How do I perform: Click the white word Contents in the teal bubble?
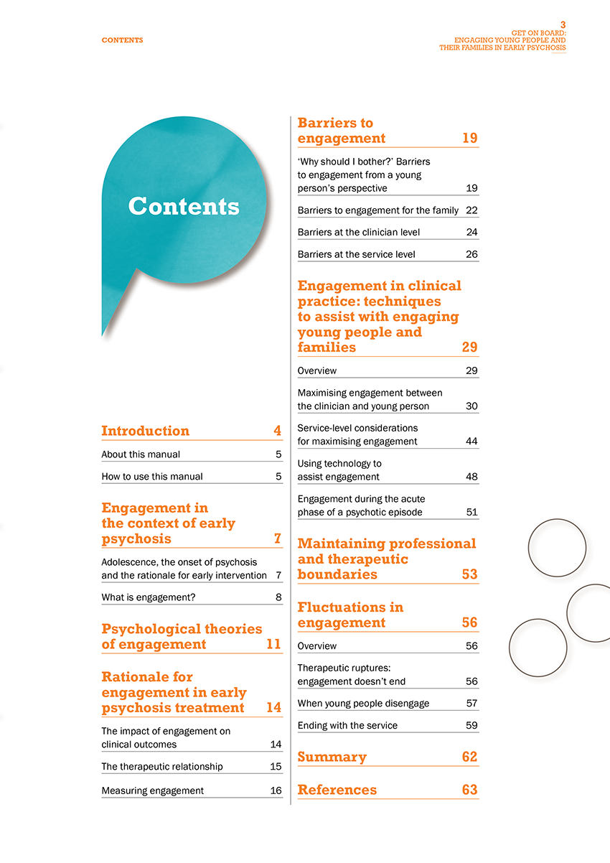coord(184,207)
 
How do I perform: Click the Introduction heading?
coord(145,431)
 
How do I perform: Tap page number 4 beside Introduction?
coord(277,431)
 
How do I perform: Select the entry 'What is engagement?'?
coord(149,597)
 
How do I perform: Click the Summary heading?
coord(332,757)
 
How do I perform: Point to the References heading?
coord(337,790)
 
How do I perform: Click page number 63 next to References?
coord(469,790)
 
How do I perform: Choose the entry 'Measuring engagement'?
coord(152,790)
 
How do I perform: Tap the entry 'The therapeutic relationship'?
coord(162,766)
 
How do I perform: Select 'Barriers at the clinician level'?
coord(358,232)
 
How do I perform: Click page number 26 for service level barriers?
coord(471,254)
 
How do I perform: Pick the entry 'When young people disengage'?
coord(363,703)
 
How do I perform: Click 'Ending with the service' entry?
coord(347,725)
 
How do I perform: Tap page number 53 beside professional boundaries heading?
coord(469,574)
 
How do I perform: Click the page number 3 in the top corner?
coord(563,24)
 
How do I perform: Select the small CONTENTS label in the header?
coord(122,40)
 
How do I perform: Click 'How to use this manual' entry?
coord(152,476)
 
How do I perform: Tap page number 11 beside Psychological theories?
coord(273,644)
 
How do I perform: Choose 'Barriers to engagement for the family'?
coord(377,210)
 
